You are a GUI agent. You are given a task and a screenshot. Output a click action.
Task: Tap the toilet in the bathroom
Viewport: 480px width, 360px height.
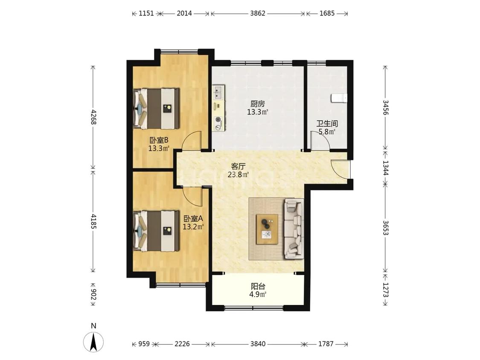(339, 98)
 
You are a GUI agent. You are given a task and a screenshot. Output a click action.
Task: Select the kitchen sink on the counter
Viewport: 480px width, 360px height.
(218, 92)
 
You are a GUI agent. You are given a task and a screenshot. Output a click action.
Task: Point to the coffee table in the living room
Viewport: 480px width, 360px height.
(267, 229)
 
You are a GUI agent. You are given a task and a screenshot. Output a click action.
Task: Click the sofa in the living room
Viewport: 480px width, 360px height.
(294, 229)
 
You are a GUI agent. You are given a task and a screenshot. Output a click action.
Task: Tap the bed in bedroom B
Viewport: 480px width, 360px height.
(156, 109)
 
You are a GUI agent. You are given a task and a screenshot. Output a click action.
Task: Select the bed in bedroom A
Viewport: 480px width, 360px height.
(156, 231)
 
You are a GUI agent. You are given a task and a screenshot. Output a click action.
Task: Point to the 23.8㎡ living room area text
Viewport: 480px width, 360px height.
(238, 175)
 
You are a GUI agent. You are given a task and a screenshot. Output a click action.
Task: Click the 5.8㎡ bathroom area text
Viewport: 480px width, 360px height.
(327, 132)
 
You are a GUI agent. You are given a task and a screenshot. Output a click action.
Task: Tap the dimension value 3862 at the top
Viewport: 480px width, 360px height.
(257, 14)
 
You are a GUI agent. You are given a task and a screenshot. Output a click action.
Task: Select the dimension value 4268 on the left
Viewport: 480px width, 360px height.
(93, 117)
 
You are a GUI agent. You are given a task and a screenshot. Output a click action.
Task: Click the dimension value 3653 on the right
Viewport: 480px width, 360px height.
(385, 228)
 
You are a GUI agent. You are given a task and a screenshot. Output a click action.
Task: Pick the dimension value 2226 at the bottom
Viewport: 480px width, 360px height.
(182, 344)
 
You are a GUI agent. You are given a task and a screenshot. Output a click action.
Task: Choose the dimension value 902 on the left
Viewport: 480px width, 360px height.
(93, 294)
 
